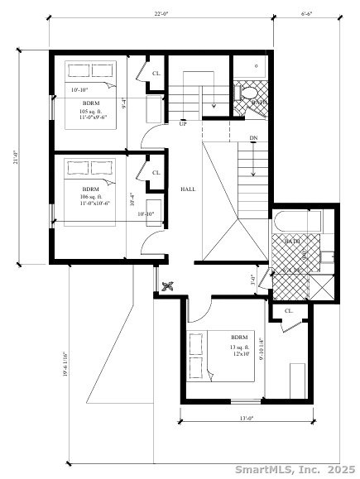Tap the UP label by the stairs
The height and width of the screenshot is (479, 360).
click(182, 123)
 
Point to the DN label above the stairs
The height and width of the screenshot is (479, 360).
click(252, 137)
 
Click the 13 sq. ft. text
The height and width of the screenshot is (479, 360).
click(239, 347)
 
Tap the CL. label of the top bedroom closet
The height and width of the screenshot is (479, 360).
click(156, 73)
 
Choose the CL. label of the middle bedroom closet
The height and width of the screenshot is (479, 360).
click(156, 172)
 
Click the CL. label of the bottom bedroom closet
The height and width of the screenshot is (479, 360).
click(289, 311)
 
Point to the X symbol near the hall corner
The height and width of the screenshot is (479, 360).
click(168, 286)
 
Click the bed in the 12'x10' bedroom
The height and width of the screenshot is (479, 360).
click(211, 356)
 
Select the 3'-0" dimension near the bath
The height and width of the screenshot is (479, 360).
click(253, 279)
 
